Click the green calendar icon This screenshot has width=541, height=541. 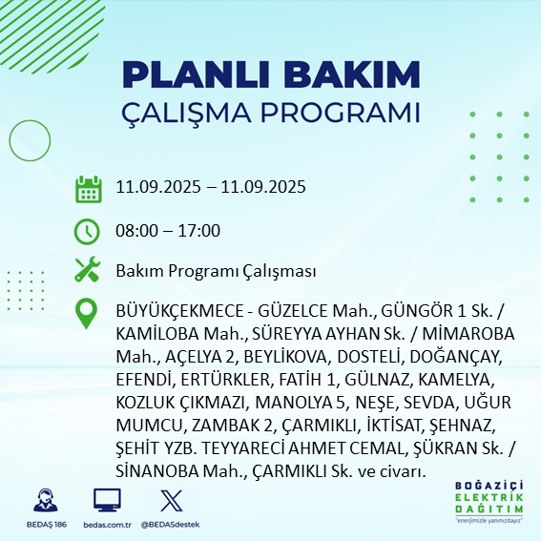click(x=88, y=188)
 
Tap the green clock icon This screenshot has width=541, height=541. click(x=88, y=230)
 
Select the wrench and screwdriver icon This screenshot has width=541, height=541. click(x=88, y=271)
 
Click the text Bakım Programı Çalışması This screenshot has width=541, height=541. click(x=216, y=272)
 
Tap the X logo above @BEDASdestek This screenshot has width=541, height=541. click(x=170, y=500)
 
